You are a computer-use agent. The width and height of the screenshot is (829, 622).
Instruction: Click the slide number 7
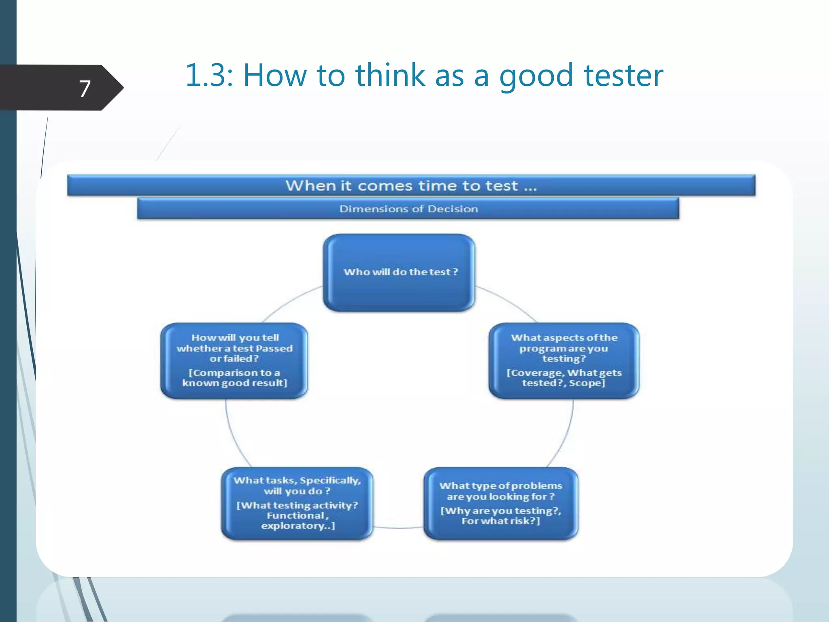(x=85, y=89)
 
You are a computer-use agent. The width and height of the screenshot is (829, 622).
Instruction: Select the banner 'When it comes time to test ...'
(x=411, y=185)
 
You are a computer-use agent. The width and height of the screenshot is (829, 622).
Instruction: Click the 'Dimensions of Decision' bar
(x=408, y=209)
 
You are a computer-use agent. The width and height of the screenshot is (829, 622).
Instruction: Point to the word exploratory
(x=295, y=526)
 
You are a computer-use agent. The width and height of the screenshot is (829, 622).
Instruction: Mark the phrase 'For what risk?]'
(x=501, y=521)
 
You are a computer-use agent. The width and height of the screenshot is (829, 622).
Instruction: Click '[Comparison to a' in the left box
(x=234, y=373)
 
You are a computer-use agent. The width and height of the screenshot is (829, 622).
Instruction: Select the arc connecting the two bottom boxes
(x=399, y=528)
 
